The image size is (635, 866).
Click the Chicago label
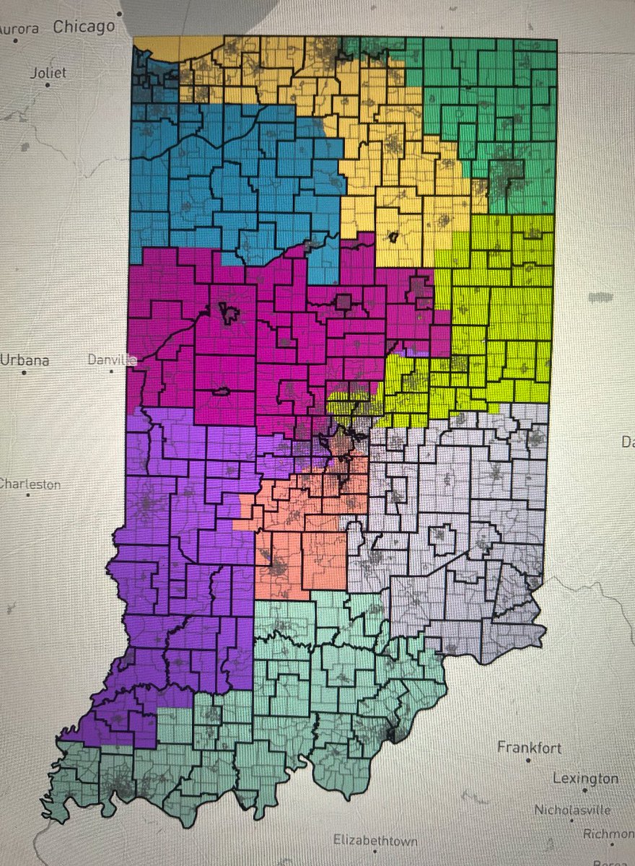tap(84, 27)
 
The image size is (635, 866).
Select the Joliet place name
tap(48, 73)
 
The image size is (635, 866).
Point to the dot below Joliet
tap(48, 85)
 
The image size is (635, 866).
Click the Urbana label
tap(25, 359)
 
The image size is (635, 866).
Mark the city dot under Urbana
tap(25, 372)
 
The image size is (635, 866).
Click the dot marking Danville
tap(111, 372)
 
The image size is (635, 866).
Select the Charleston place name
tap(30, 484)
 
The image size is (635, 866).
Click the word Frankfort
tap(529, 748)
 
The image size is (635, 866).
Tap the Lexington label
tap(585, 779)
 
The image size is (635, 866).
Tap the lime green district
tap(498, 303)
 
